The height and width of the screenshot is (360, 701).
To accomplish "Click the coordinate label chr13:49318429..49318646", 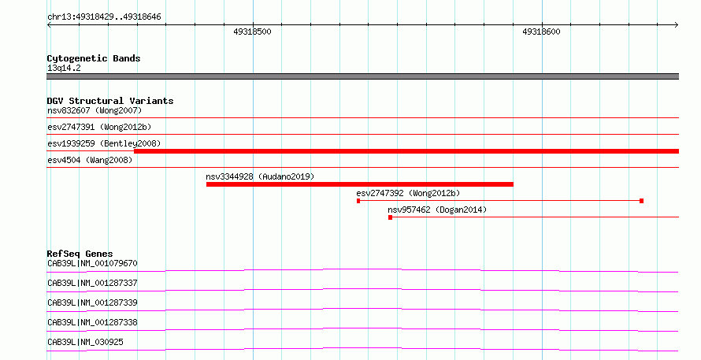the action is pos(104,17).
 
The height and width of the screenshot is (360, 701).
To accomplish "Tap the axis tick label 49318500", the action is pos(252,32).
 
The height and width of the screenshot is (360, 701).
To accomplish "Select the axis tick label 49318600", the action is pos(541,32).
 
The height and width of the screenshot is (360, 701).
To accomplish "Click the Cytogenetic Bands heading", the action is pos(94,58).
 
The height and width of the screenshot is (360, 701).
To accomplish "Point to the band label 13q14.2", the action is pos(64,68).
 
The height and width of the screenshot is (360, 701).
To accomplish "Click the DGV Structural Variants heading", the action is pos(110,101).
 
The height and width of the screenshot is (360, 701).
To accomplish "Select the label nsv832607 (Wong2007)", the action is pos(95,110).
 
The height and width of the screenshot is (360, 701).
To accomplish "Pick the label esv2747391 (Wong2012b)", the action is pos(99,127).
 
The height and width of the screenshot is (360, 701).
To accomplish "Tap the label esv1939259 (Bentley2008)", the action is pos(104,143).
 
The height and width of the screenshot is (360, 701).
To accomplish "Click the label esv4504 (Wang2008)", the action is pos(90,160).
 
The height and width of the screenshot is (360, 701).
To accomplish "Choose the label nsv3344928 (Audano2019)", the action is pos(260,176).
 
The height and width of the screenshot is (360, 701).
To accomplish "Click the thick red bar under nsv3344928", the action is pos(360,184).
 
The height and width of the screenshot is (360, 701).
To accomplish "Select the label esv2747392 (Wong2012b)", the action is pos(408,193).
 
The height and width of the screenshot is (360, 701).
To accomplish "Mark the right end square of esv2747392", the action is pos(642,201).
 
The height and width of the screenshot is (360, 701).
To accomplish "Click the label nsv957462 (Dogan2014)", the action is pos(437,210).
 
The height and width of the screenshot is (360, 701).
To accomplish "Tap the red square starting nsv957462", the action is pos(391,217).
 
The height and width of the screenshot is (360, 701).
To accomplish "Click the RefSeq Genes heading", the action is pos(80,254).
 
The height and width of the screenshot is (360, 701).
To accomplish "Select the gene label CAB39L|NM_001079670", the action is pos(92,263).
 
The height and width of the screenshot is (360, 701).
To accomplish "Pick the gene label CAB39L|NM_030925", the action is pos(85,342).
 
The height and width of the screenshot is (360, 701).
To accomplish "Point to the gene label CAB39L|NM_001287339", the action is pos(92,302).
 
